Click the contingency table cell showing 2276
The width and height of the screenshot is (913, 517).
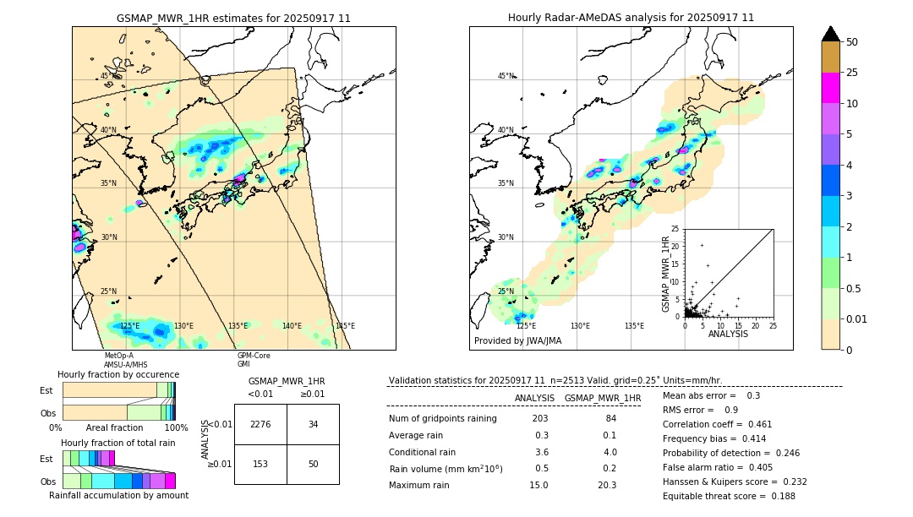point(260,424)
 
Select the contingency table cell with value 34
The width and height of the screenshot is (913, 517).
point(313,424)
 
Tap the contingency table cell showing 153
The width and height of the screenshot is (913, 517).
point(260,464)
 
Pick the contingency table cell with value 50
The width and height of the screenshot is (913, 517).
point(313,464)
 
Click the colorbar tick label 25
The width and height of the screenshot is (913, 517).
point(852,73)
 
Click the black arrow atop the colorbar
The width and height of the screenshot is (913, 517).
point(831,34)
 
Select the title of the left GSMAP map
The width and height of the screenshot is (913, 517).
point(233,18)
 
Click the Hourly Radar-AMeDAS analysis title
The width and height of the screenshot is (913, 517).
point(631,18)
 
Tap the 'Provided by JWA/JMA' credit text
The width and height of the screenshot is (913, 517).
point(517,341)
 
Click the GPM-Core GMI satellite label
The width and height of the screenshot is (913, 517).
point(254,360)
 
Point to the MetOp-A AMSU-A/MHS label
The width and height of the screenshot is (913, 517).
point(126,360)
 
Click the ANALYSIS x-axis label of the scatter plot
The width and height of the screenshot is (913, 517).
point(728,334)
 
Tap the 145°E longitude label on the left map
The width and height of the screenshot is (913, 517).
point(344,326)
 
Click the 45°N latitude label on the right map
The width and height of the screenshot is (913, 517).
point(505,77)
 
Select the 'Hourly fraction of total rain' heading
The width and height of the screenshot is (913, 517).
point(118,443)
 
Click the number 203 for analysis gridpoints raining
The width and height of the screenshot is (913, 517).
point(539,419)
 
